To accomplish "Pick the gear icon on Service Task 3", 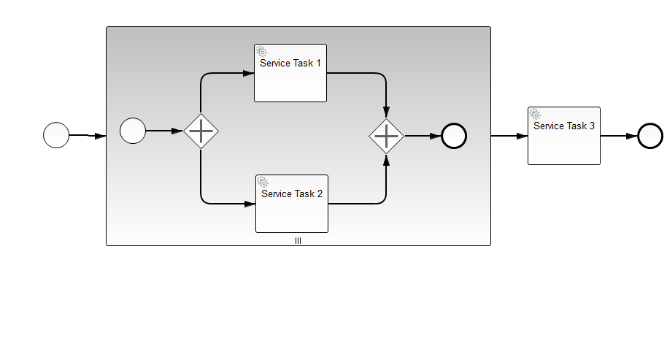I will (536, 115).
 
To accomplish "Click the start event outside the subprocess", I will (56, 135).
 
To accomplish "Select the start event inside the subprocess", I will (133, 131).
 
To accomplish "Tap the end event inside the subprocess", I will (454, 136).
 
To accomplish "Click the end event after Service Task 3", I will (650, 136).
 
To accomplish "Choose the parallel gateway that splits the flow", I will (201, 131).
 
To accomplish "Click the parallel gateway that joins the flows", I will (386, 136).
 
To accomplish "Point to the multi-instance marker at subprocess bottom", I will (298, 240).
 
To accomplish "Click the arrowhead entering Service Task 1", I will (248, 74).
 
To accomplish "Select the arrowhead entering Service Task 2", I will (250, 204).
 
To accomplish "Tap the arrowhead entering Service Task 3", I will (522, 136).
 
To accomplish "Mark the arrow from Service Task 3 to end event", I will (618, 136).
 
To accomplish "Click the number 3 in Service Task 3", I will (592, 126).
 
